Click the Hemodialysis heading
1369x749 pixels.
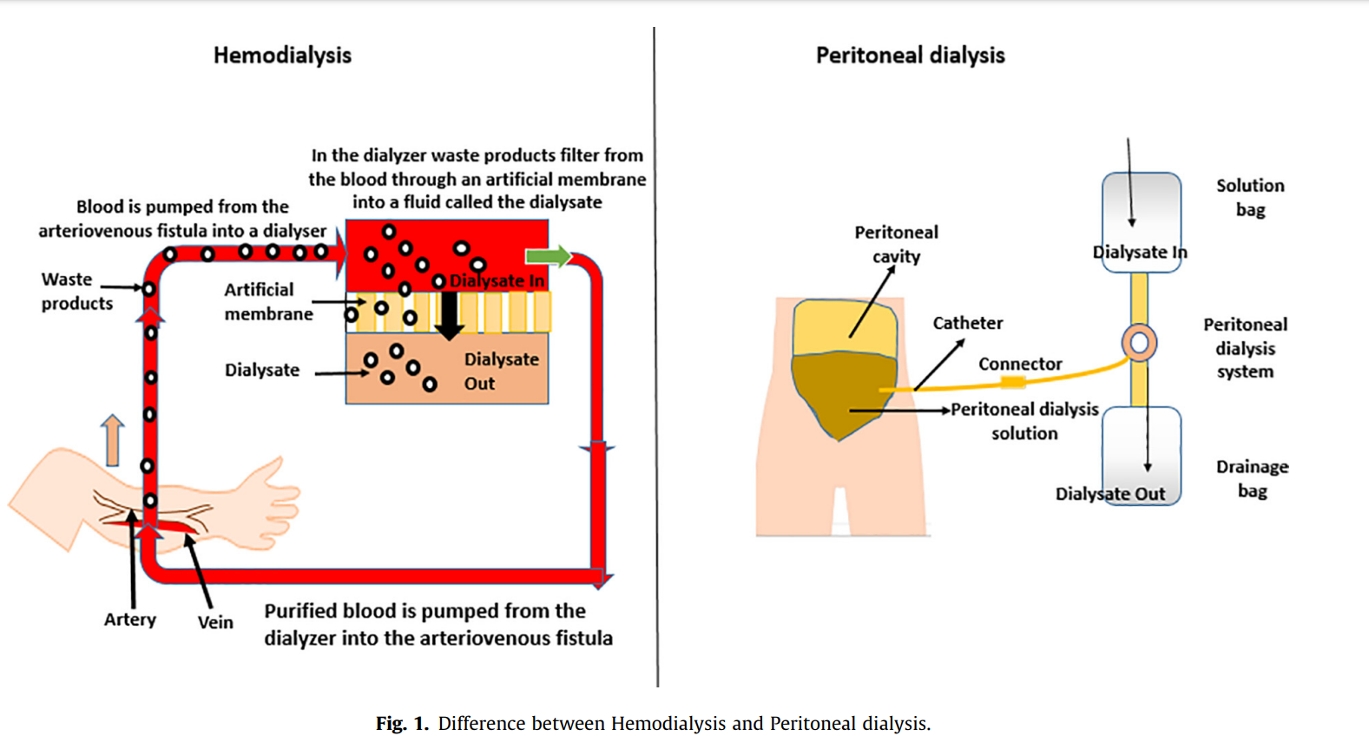pyautogui.click(x=282, y=56)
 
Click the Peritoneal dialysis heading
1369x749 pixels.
pyautogui.click(x=910, y=56)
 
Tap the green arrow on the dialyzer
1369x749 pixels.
pyautogui.click(x=548, y=256)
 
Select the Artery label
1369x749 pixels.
pyautogui.click(x=130, y=620)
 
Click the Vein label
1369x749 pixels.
pyautogui.click(x=215, y=622)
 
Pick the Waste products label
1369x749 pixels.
pyautogui.click(x=76, y=292)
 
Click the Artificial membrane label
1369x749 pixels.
pyautogui.click(x=268, y=302)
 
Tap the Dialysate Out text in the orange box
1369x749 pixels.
pyautogui.click(x=500, y=371)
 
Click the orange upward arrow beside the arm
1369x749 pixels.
pyautogui.click(x=112, y=439)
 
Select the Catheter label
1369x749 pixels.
pyautogui.click(x=967, y=323)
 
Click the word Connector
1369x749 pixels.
pyautogui.click(x=1020, y=365)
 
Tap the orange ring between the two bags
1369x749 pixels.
pyautogui.click(x=1139, y=343)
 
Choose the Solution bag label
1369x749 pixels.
pyautogui.click(x=1250, y=198)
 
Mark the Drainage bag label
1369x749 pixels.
pyautogui.click(x=1252, y=479)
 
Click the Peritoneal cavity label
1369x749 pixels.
pyautogui.click(x=896, y=244)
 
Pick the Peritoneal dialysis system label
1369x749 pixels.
pyautogui.click(x=1245, y=348)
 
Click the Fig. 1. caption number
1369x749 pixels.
pyautogui.click(x=402, y=724)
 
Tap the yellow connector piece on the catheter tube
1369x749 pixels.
pyautogui.click(x=1012, y=383)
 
